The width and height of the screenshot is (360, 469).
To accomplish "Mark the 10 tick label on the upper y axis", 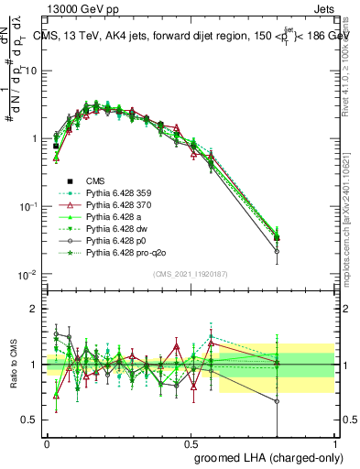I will click(31, 71).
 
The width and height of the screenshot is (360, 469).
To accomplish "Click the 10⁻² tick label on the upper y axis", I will click(29, 274).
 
